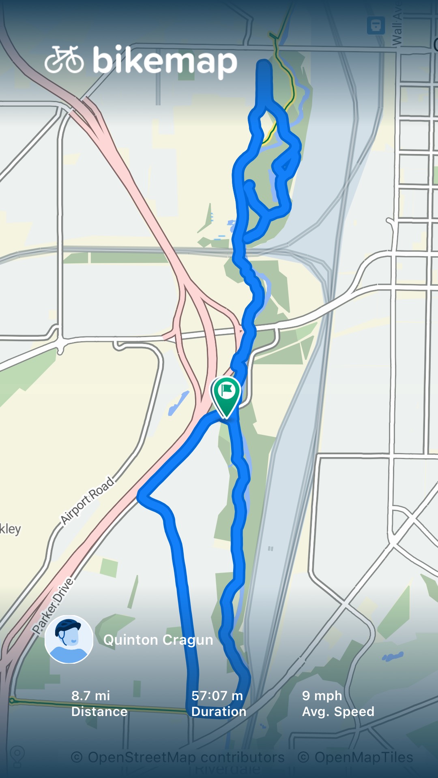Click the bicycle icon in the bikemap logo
(64, 60)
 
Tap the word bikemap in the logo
(165, 61)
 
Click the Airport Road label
(87, 500)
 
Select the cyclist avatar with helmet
(69, 639)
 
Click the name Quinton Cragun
(158, 640)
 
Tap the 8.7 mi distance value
(91, 696)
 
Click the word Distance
(99, 712)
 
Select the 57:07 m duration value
(217, 696)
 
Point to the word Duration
(219, 712)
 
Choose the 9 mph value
(322, 696)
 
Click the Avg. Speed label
(338, 712)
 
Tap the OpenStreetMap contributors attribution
(178, 757)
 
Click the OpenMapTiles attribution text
(355, 757)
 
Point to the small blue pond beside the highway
(178, 403)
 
